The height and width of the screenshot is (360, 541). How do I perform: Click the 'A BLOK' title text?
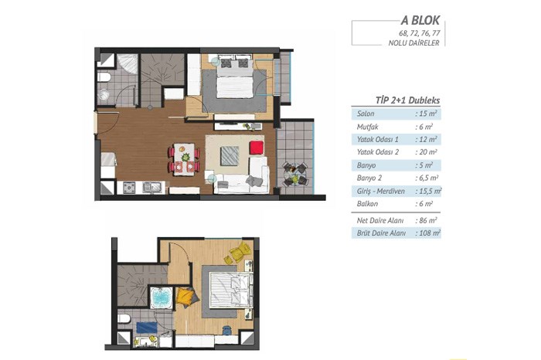coord(420,20)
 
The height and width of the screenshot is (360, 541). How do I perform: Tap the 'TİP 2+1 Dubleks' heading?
coord(407,100)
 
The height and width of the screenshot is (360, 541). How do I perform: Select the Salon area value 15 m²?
coord(427,114)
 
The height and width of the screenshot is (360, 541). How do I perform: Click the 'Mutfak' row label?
coord(367,127)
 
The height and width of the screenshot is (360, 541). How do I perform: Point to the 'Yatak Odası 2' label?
coord(378,152)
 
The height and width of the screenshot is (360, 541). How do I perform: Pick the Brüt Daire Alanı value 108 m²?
coord(428,233)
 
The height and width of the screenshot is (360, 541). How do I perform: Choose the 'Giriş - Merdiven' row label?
coord(380,191)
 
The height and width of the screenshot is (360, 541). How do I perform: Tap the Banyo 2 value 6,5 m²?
coord(427,178)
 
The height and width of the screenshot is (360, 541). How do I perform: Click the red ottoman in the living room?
coord(257,148)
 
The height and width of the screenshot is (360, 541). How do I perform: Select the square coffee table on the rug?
coord(230,155)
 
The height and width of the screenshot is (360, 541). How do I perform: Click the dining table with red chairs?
coord(184,159)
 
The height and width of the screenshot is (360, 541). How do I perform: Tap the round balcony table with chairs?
coord(294,175)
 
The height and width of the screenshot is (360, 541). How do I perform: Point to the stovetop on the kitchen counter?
coord(129,187)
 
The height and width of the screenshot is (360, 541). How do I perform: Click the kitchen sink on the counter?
coord(152,187)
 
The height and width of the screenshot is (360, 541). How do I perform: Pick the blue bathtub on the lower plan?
coord(162,297)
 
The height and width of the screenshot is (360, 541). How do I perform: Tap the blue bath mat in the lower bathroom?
coord(147,328)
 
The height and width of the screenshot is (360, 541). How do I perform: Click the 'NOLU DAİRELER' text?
coord(413,43)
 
